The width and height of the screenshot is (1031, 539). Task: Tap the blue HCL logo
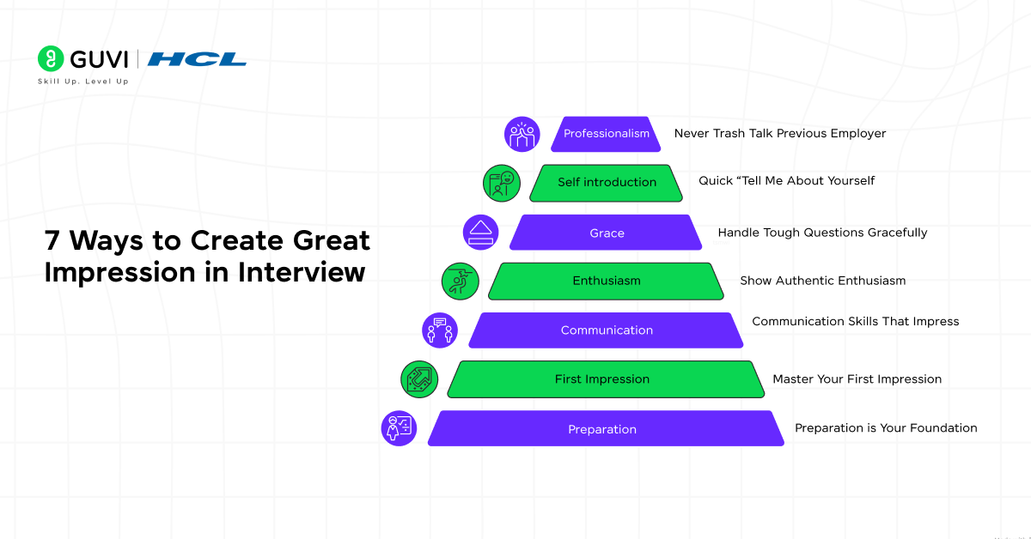197,59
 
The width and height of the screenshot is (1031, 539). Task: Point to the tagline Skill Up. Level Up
83,82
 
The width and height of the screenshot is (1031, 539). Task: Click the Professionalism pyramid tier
606,134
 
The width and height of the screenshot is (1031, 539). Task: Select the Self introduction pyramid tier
607,182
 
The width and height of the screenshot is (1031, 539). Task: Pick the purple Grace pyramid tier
607,233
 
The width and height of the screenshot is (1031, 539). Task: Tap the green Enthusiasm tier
606,281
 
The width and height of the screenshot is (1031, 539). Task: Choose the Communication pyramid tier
607,330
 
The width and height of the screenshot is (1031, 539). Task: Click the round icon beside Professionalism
522,135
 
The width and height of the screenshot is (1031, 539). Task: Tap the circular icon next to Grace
481,233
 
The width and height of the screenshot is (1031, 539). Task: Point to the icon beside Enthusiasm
460,282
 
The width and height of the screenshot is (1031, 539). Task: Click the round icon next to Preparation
399,428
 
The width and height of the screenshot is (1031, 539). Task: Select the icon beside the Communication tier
440,330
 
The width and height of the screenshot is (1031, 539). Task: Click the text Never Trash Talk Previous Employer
779,134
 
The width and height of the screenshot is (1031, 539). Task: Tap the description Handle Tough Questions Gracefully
822,233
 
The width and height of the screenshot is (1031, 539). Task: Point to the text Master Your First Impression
857,379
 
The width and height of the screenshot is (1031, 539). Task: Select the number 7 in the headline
53,241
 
